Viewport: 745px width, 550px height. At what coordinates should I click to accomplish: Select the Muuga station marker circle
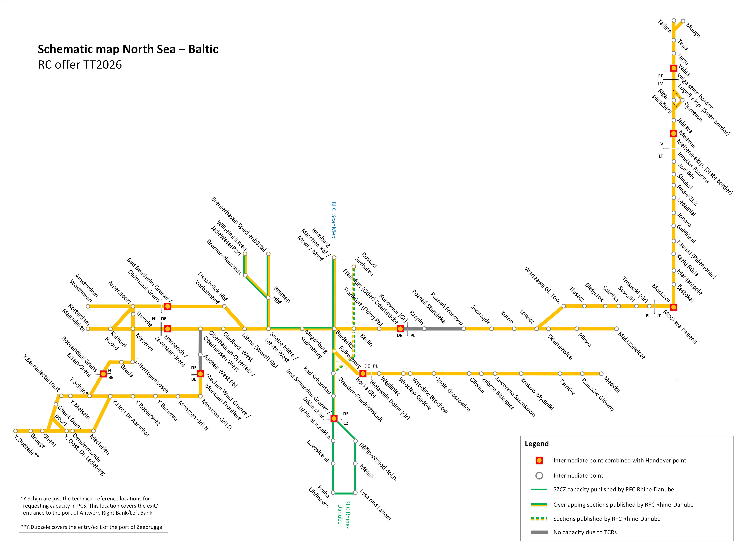(x=683, y=21)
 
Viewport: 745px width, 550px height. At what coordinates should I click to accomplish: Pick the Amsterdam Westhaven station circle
(x=88, y=306)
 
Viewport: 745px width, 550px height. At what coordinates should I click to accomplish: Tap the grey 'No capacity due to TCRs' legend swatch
(x=539, y=532)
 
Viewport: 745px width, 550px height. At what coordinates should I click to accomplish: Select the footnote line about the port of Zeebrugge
(x=91, y=527)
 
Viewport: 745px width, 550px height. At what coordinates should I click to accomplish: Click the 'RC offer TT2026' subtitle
(x=80, y=65)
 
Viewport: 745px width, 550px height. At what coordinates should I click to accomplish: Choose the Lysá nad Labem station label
(x=375, y=505)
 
